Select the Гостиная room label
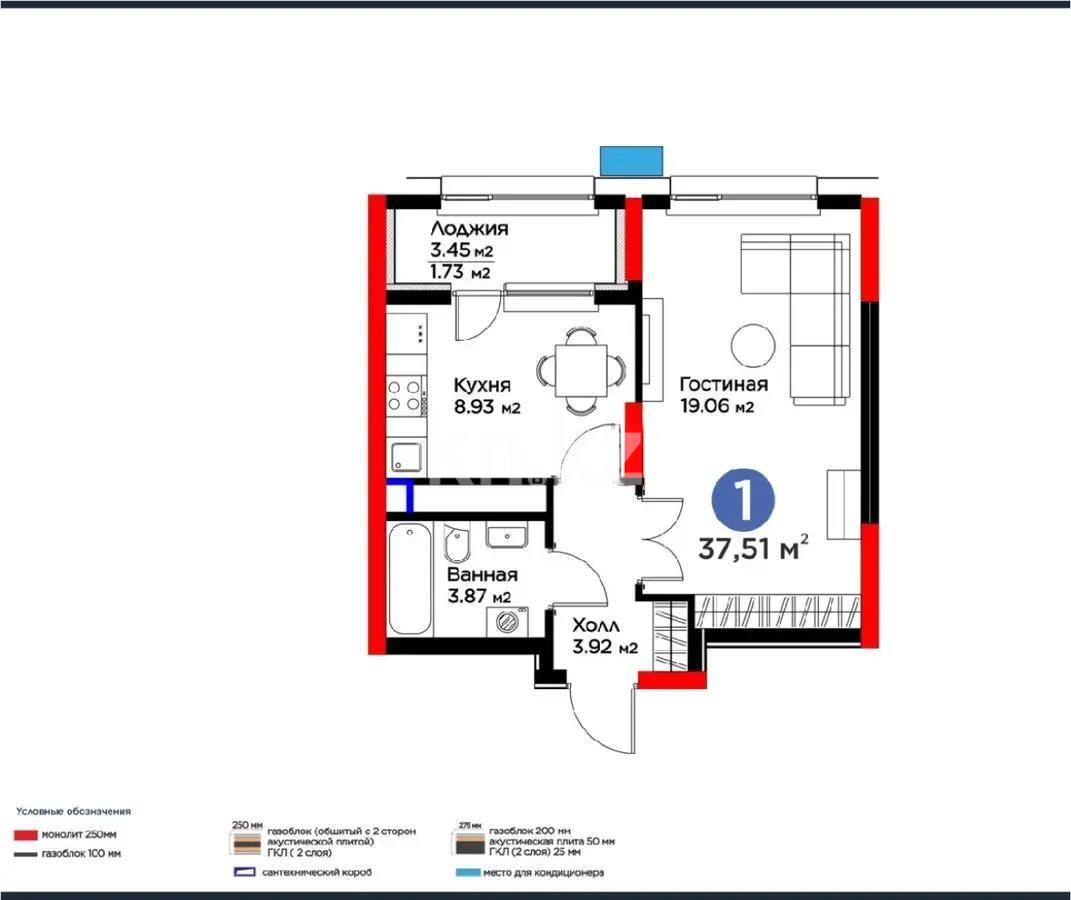[x=723, y=385]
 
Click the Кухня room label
[x=483, y=386]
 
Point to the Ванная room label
[x=481, y=575]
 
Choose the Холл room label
[x=596, y=625]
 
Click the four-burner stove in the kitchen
[x=404, y=393]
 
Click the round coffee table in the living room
[x=752, y=345]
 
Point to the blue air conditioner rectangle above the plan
[x=631, y=160]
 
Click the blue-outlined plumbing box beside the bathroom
[x=399, y=496]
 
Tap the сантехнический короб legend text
[x=317, y=872]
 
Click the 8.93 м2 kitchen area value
[x=488, y=407]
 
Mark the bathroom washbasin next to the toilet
[x=508, y=537]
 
